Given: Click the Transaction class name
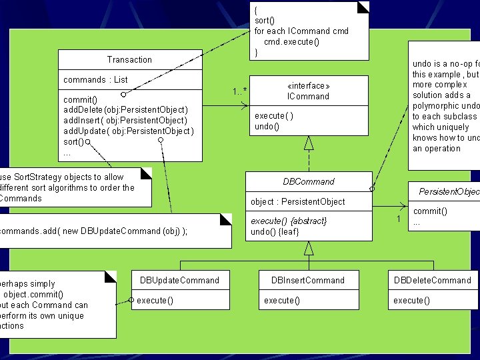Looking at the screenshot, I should (x=129, y=60).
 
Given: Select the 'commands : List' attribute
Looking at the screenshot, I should (x=95, y=80).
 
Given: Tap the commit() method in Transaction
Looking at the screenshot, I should (x=79, y=99).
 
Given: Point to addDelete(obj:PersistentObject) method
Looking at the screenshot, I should (x=125, y=110).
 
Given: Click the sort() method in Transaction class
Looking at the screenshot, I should (x=73, y=142).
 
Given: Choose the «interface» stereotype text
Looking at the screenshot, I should (x=308, y=86).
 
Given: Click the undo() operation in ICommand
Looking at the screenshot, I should (x=267, y=127).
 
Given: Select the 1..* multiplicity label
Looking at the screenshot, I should (x=239, y=91).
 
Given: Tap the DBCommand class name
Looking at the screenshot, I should (x=309, y=181).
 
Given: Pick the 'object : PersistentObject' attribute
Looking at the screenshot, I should (x=297, y=202).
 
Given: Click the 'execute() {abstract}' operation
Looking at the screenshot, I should (x=289, y=221).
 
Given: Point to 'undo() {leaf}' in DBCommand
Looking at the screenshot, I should (x=275, y=231).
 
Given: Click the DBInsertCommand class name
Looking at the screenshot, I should (x=308, y=280).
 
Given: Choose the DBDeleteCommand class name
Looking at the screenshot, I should (x=432, y=280).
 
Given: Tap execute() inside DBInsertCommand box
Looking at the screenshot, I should (x=281, y=301).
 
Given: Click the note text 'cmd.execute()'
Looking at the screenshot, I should (x=291, y=41).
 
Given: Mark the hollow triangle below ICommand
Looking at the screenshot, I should (x=309, y=142).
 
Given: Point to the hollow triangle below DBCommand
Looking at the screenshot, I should (x=309, y=248).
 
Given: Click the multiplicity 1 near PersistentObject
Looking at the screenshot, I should (x=398, y=219).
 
